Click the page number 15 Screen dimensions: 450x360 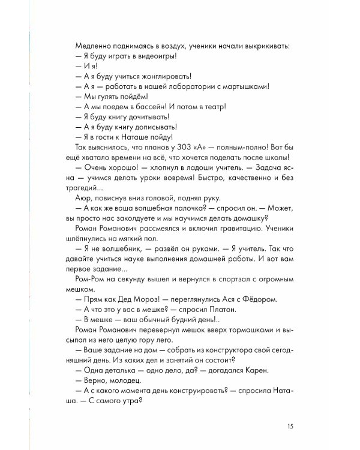pos(289,427)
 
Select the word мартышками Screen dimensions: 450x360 pos(244,86)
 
